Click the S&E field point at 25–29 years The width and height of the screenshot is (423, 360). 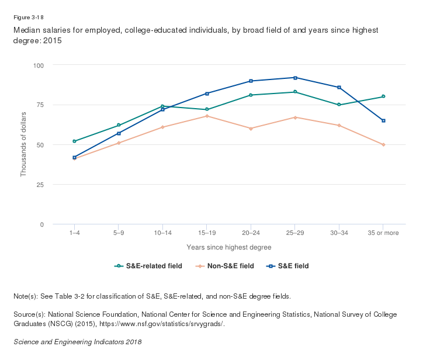point(295,78)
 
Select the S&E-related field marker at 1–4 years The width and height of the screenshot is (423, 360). point(74,141)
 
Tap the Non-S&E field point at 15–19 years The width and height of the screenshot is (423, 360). point(207,116)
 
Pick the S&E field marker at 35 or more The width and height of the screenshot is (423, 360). point(383,120)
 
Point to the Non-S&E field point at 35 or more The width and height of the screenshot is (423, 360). point(383,144)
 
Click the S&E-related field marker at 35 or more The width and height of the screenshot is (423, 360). point(383,96)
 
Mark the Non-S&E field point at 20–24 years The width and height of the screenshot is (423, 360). point(251,129)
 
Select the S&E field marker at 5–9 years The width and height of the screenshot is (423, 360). point(119,133)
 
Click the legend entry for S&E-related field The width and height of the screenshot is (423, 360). point(148,266)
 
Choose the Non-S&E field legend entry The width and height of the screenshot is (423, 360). point(224,266)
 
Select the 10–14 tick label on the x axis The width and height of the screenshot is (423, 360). point(162,233)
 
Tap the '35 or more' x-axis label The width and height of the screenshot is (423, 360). point(383,233)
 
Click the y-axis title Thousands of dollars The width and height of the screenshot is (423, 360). point(24,144)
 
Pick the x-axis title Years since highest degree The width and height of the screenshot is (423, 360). point(229,247)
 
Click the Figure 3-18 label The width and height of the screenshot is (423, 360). point(29,17)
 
